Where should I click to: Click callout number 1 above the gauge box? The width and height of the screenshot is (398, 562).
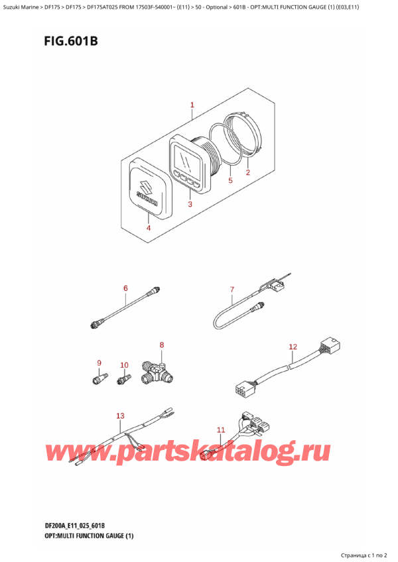pos(192,105)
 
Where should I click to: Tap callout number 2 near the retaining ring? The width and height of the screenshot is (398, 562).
pos(247,173)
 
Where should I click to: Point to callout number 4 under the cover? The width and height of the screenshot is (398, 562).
pos(148,228)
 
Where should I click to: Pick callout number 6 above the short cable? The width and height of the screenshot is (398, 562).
pos(125,288)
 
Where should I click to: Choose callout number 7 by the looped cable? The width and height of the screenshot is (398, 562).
pos(232,289)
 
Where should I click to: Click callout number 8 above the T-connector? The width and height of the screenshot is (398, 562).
pos(161,345)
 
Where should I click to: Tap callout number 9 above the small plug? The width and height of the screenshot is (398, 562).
pos(99,363)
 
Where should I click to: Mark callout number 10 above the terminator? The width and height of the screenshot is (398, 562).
pos(124,365)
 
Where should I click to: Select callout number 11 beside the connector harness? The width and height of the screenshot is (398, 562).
pos(221,429)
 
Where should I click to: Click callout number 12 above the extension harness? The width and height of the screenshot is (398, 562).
pos(293,347)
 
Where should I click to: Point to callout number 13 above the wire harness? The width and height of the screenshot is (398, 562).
pos(120,416)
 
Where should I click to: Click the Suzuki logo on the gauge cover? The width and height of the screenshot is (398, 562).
pos(147,190)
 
